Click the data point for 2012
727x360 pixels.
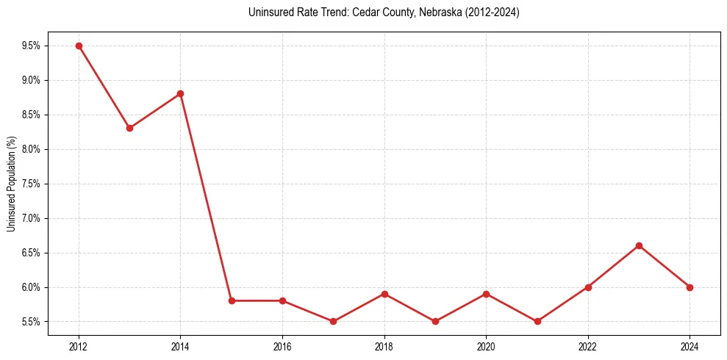79,46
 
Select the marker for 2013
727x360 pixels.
129,128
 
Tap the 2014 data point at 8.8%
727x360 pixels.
180,93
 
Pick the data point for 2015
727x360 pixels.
232,300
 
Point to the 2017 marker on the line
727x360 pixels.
333,321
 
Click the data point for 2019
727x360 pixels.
435,321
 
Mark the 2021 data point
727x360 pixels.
537,321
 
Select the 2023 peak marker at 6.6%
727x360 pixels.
639,245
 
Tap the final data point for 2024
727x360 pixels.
690,287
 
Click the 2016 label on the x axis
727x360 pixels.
282,347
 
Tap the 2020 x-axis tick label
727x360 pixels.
486,347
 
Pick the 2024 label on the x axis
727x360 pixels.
690,347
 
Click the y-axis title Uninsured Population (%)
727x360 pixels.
12,184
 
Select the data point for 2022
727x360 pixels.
588,287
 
